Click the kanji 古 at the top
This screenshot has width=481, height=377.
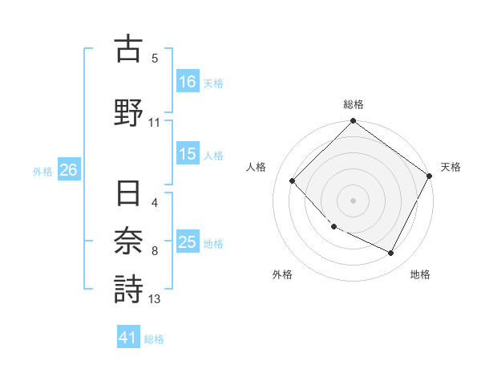click(128, 49)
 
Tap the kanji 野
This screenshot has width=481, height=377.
click(128, 112)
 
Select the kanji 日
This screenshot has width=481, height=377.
click(128, 196)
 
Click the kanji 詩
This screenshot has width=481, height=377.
click(128, 289)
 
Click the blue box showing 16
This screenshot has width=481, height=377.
click(188, 82)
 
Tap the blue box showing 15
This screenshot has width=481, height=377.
click(188, 155)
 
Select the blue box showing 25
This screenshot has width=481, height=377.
click(188, 243)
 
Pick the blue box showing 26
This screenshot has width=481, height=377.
click(68, 170)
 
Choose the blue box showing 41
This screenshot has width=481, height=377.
click(129, 338)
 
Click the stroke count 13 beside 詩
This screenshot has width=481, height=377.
click(155, 299)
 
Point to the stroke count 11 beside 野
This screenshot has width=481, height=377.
click(155, 123)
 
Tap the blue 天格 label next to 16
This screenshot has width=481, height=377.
click(213, 83)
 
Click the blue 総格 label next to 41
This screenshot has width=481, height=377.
click(154, 339)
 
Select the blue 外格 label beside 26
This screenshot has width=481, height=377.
click(42, 171)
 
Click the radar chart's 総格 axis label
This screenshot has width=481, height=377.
click(354, 104)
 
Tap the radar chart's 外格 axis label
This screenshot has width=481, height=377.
click(282, 274)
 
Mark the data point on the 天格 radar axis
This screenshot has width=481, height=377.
click(430, 176)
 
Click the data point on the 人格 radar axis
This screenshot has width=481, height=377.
click(293, 180)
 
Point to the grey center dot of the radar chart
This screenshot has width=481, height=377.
click(353, 200)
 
